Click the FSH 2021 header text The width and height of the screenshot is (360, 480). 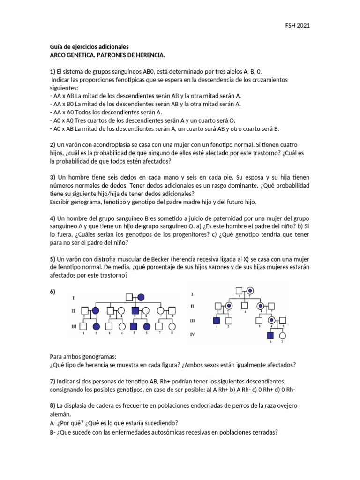298,25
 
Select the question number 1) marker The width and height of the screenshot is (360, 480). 52,72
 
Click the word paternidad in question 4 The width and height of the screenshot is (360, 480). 195,219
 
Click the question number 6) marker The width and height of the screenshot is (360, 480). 52,292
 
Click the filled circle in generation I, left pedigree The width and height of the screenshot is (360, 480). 141,297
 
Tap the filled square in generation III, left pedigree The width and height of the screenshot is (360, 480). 133,326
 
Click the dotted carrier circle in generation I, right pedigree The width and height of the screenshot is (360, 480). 251,290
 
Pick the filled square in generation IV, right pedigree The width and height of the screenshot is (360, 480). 270,336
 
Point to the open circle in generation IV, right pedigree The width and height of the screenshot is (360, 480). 283,336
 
